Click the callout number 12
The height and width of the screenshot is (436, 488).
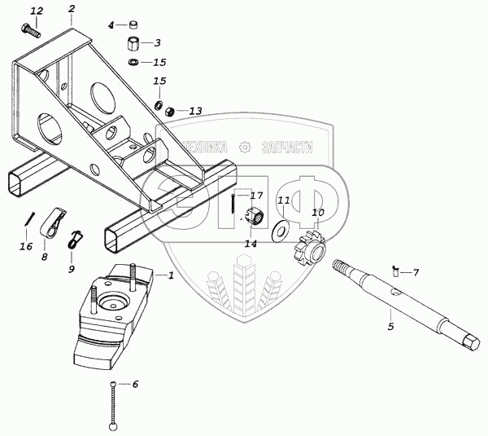[37, 11]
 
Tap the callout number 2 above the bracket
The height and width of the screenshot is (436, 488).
[72, 9]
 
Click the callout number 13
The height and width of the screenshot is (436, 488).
[195, 111]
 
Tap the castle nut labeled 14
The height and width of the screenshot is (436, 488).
[251, 216]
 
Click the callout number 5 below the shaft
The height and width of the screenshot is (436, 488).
[390, 327]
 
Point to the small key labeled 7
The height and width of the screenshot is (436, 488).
[395, 269]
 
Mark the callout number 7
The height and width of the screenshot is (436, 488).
[416, 272]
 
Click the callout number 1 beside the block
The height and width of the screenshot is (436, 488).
[171, 275]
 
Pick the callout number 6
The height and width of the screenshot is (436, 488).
[135, 384]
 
